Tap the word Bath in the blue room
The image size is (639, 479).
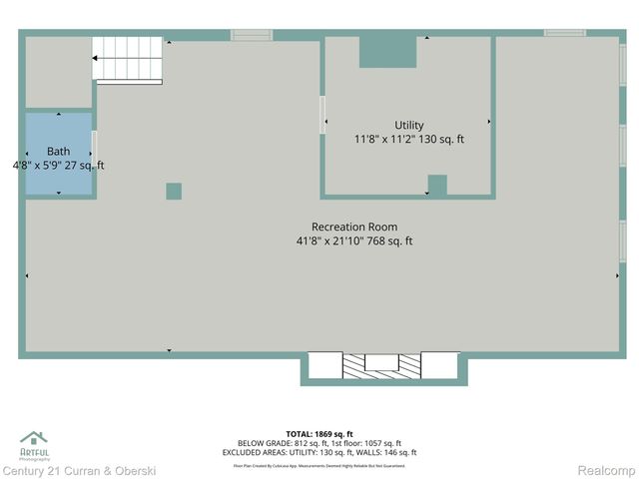click(x=58, y=152)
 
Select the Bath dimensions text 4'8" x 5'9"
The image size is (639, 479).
click(x=58, y=166)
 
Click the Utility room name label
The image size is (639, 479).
click(x=408, y=125)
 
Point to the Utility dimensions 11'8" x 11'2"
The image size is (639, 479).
click(x=408, y=140)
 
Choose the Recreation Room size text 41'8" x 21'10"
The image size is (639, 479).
click(x=354, y=240)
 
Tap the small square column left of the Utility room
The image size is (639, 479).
click(x=174, y=191)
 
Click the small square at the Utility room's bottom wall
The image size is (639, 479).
click(x=436, y=185)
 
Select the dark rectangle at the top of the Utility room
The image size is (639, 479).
click(x=387, y=53)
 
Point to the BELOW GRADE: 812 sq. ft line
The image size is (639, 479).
click(x=319, y=443)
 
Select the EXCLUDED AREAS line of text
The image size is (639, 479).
click(x=319, y=453)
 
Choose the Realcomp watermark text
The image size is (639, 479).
click(x=606, y=470)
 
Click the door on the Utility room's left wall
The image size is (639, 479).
click(x=322, y=114)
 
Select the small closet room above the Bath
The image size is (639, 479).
click(x=58, y=72)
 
